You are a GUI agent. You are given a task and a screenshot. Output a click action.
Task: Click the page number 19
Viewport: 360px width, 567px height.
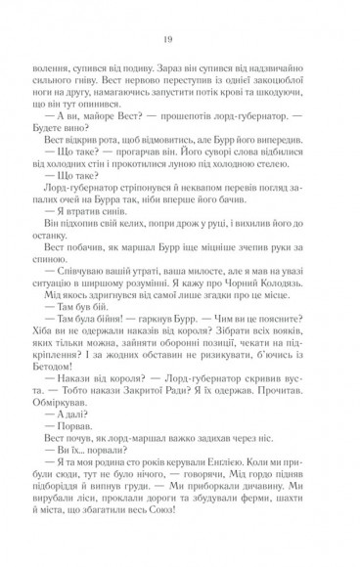[180, 39]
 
